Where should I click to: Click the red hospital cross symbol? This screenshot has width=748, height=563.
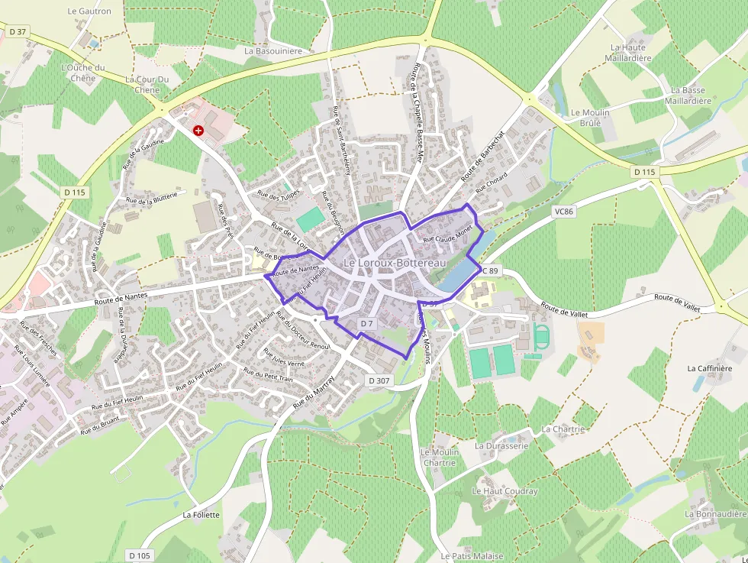point(198,131)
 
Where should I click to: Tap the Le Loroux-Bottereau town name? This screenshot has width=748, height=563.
point(395,263)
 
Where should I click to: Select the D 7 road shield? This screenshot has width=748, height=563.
point(367,324)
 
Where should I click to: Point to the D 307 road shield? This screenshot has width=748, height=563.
point(379,380)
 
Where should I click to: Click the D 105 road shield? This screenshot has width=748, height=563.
point(140,555)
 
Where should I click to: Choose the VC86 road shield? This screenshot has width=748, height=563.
point(565,210)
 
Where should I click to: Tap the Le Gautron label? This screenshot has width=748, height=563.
point(89,11)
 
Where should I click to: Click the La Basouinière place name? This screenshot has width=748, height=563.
point(273,51)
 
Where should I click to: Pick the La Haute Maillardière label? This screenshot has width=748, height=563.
point(628,52)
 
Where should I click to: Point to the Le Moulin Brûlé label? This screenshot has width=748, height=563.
point(590,118)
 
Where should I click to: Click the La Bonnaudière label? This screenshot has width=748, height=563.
point(715,514)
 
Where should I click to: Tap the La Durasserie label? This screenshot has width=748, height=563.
point(501,445)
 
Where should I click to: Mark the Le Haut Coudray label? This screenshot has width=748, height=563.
point(505,491)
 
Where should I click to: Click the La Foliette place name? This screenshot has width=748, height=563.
point(201,515)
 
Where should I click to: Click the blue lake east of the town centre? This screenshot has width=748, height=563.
point(460,267)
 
